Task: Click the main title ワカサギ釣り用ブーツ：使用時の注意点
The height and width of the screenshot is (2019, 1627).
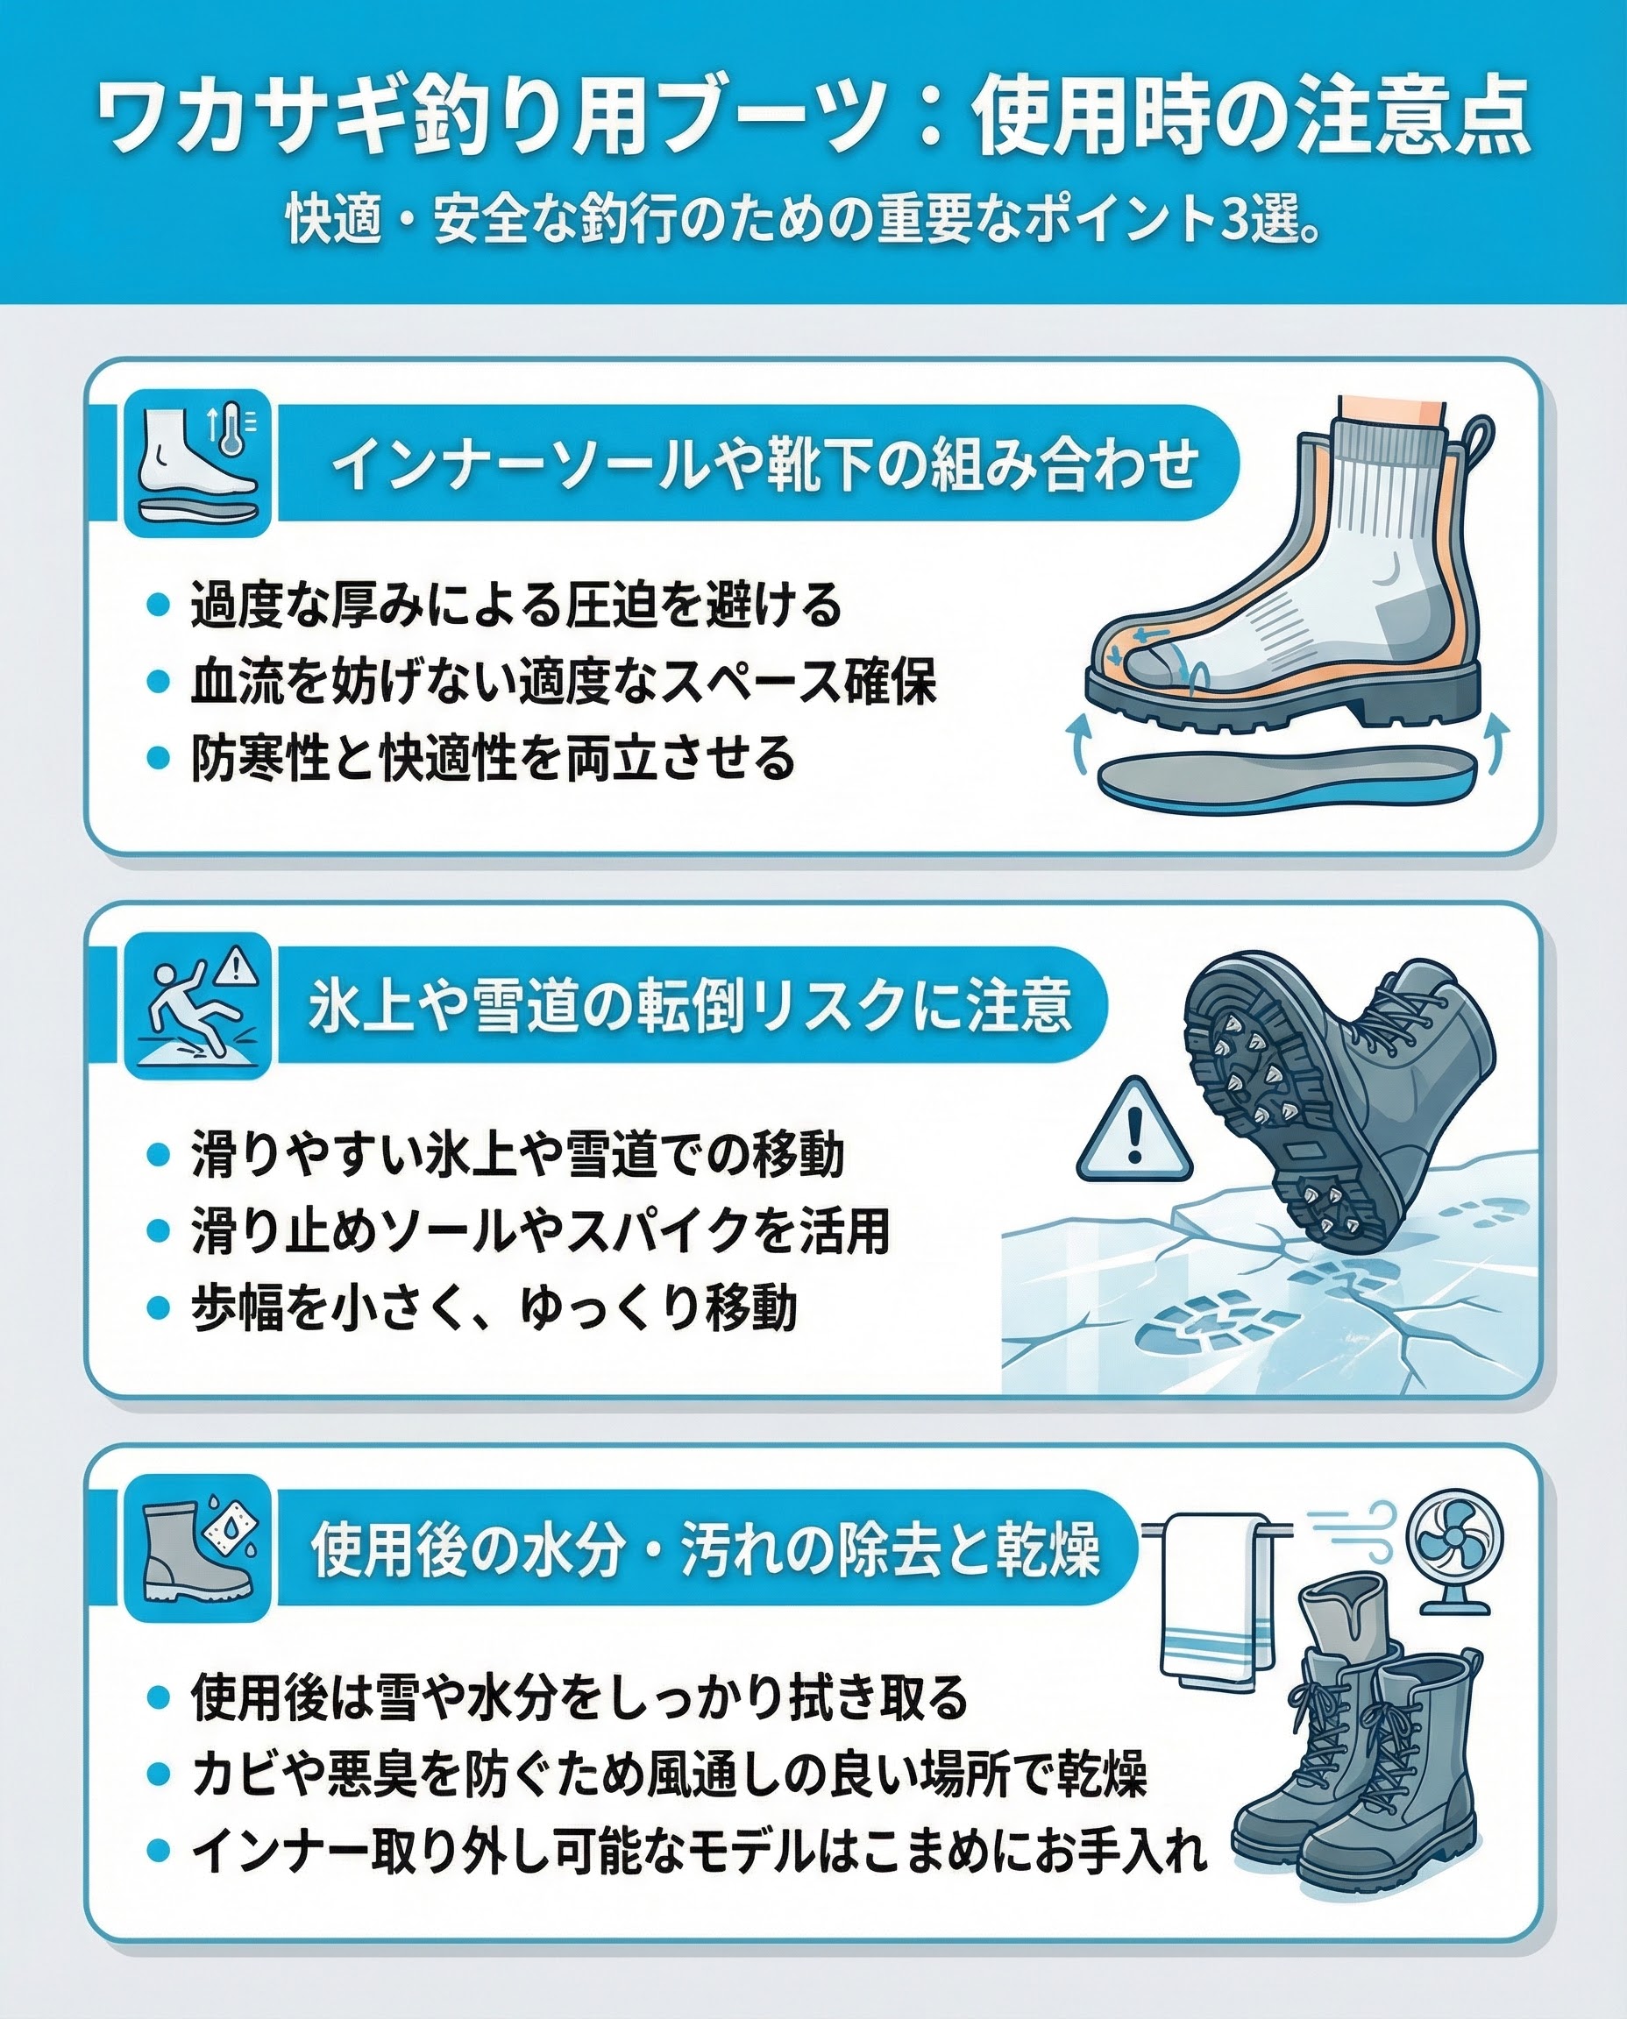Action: tap(813, 119)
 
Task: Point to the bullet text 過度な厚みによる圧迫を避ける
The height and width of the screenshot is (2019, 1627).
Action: tap(516, 605)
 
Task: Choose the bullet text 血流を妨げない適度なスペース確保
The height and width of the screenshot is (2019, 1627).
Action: tap(564, 681)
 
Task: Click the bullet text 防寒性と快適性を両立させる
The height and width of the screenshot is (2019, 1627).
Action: tap(493, 758)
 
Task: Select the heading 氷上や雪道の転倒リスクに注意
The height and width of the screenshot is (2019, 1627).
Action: tap(689, 1006)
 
